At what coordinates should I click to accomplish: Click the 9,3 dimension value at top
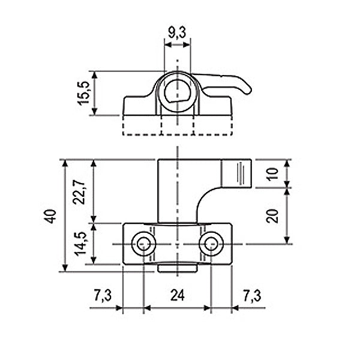[176, 33]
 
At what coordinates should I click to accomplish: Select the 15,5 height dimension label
[83, 94]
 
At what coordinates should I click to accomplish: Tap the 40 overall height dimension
[50, 216]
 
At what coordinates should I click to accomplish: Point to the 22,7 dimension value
[79, 192]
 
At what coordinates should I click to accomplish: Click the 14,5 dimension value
[80, 244]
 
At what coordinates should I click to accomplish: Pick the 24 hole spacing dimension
[178, 295]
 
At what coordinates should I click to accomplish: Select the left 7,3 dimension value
[103, 295]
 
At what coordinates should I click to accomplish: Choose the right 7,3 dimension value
[252, 295]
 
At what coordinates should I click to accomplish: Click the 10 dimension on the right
[272, 174]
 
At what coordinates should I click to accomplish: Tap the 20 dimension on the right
[272, 216]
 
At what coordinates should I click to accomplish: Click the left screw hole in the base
[144, 244]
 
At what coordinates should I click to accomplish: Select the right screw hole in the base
[211, 244]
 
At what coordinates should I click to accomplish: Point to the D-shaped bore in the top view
[178, 92]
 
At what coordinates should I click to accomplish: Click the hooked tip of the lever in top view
[248, 90]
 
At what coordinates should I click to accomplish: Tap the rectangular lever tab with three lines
[237, 173]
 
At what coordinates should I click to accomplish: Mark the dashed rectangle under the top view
[178, 125]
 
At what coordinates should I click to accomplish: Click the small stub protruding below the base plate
[177, 269]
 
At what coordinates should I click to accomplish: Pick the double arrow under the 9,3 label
[178, 44]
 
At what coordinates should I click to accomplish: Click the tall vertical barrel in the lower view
[177, 191]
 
